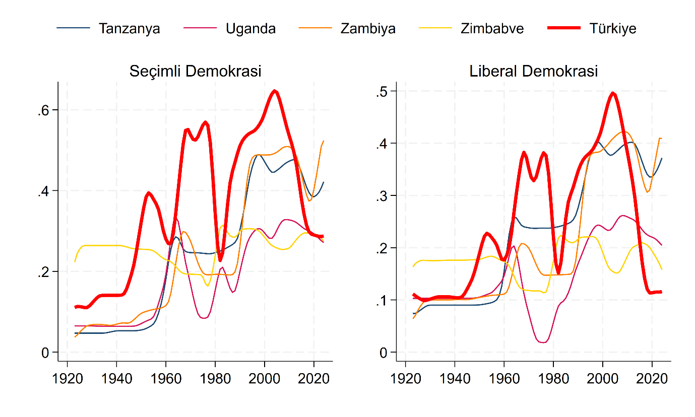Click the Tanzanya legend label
(130, 28)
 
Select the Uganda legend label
(250, 28)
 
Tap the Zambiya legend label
(368, 28)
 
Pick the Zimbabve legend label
(492, 28)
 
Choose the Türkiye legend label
(612, 28)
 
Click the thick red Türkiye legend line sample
(564, 28)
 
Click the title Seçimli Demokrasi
(196, 71)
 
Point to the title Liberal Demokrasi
(534, 71)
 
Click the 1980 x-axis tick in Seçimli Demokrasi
(215, 379)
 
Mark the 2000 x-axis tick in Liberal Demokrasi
(603, 379)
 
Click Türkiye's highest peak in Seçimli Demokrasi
(275, 91)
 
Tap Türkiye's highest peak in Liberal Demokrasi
(613, 93)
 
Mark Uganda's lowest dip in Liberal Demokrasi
(543, 342)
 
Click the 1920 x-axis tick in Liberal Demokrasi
(405, 379)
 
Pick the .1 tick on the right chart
(382, 300)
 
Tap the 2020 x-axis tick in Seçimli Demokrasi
(314, 379)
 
